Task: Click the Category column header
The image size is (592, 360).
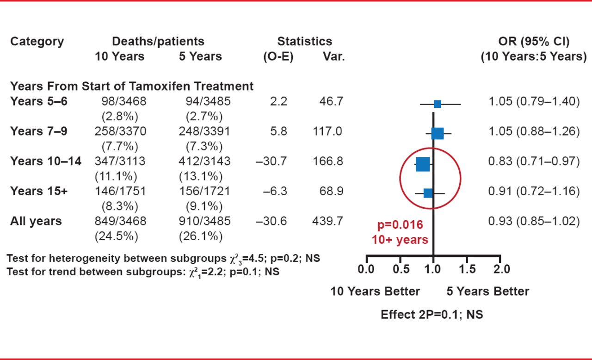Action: tap(37, 42)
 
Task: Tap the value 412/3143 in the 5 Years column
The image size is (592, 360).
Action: tap(204, 161)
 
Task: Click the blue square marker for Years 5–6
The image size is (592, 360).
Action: tap(437, 104)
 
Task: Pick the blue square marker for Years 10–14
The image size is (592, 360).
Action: tap(423, 164)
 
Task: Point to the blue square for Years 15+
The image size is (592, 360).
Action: tap(428, 193)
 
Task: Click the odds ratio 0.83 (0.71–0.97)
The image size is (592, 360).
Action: tap(534, 161)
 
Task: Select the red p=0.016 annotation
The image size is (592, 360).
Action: tap(400, 225)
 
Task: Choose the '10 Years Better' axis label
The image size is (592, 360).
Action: tap(375, 292)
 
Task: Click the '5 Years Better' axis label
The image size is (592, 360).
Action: tap(487, 292)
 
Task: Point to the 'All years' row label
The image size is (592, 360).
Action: tap(36, 221)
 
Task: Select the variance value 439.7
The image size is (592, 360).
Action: tap(327, 221)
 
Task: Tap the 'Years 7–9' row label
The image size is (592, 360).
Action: tap(38, 131)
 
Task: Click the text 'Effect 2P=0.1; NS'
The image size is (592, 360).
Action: tap(432, 315)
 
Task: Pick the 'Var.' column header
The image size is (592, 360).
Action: tap(333, 57)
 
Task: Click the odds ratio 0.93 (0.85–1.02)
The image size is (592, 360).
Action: tap(534, 221)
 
